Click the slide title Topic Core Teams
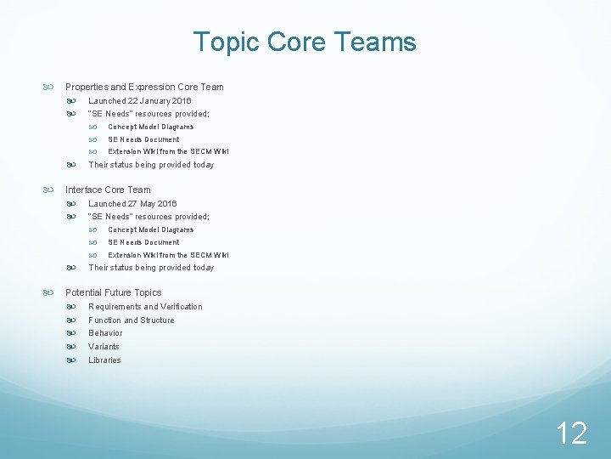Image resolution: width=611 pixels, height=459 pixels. click(305, 42)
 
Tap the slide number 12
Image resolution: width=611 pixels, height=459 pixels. click(571, 433)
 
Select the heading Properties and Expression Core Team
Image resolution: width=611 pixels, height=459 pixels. click(144, 87)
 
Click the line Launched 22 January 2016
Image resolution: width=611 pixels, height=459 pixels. click(140, 100)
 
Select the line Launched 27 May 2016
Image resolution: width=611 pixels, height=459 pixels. click(133, 203)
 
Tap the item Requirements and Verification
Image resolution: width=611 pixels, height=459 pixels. click(145, 306)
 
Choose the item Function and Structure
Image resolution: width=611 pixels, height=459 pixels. click(132, 320)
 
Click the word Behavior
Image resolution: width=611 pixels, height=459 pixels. click(105, 333)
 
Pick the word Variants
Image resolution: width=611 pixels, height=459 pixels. click(104, 346)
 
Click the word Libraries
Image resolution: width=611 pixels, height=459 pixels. click(104, 360)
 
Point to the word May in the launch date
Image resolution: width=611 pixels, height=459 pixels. click(145, 203)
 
